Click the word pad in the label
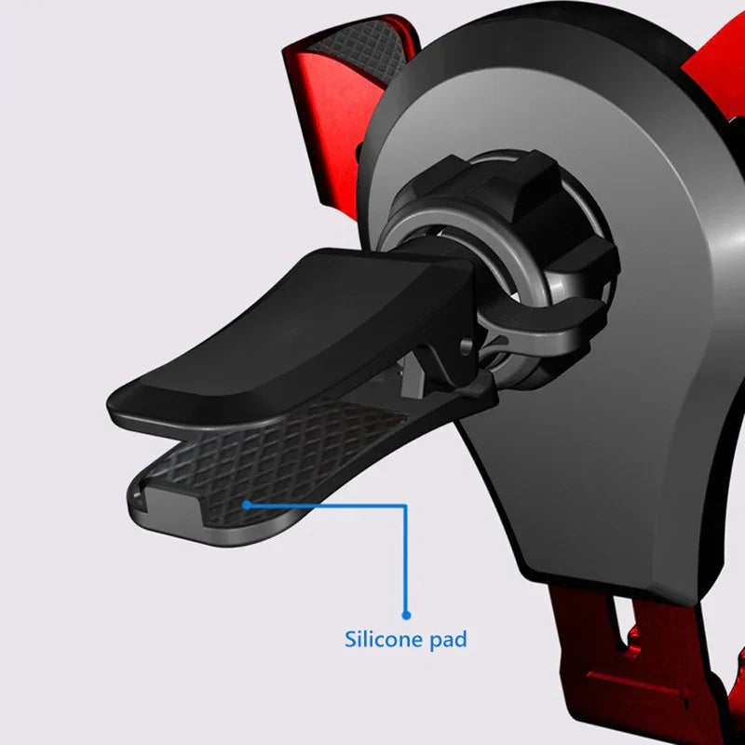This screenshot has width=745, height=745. point(448,640)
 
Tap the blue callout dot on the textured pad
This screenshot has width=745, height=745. point(246,505)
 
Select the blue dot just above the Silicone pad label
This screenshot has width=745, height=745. point(406,616)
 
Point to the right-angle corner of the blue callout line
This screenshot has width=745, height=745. point(405,506)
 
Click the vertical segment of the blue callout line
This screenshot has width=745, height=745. point(405,560)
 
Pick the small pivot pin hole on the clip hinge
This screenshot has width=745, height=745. point(467,344)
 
